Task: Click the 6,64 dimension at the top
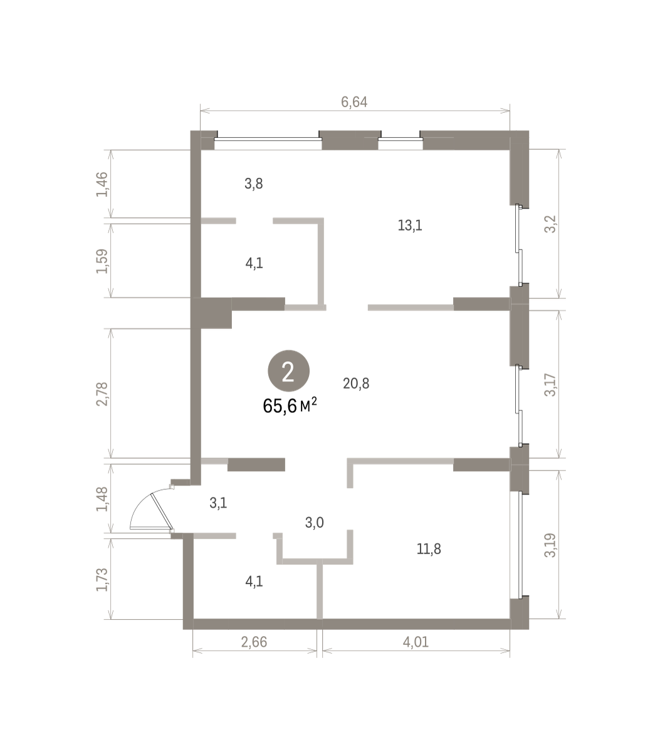point(354,102)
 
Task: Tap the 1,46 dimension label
point(102,184)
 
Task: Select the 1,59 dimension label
point(102,261)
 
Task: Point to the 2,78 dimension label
point(102,394)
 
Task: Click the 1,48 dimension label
point(102,499)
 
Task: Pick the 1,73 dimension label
point(102,580)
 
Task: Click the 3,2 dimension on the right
point(551,224)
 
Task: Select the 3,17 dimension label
point(551,385)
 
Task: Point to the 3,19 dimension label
point(551,545)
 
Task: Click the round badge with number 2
point(288,371)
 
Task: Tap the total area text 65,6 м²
point(290,405)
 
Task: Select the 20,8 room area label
point(356,384)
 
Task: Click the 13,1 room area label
point(410,226)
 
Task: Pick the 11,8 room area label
point(429,548)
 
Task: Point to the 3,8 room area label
point(254,184)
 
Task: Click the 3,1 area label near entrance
point(218,503)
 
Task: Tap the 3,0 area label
point(315,523)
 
